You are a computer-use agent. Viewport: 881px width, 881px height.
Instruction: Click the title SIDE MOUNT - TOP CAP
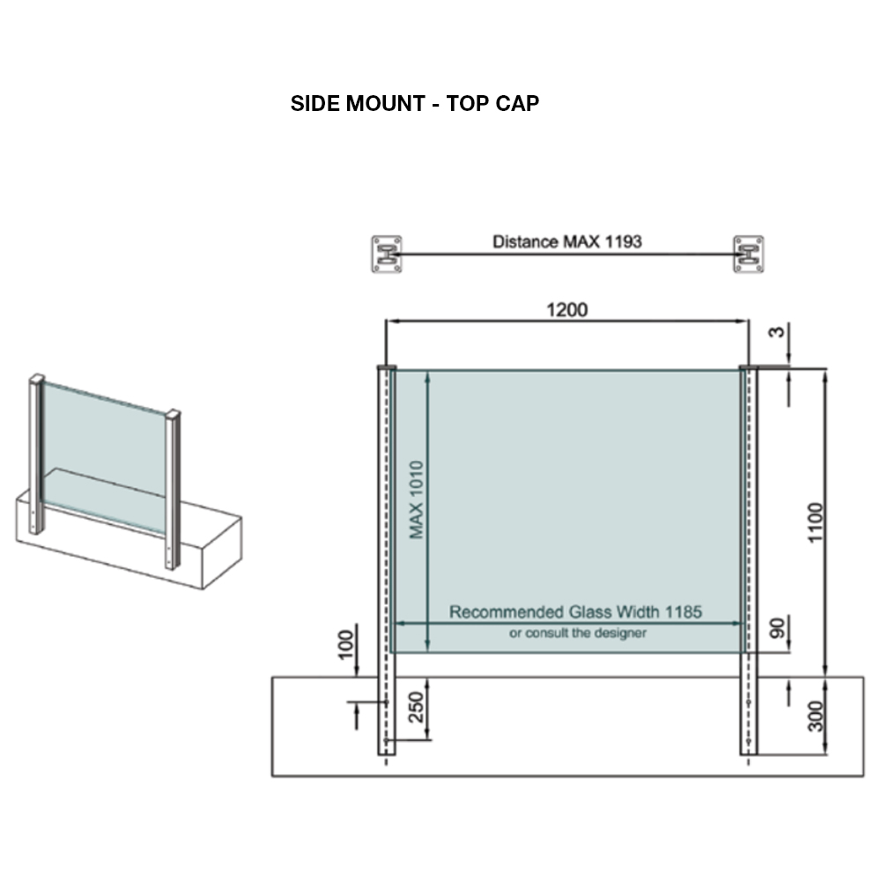click(x=415, y=103)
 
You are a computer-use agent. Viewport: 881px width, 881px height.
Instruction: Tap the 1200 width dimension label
click(x=566, y=309)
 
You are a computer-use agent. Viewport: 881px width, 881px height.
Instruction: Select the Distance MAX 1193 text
click(x=566, y=241)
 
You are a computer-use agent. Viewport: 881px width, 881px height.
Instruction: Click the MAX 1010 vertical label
click(x=417, y=500)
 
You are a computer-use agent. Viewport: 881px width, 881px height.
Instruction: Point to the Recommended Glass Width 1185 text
click(x=575, y=612)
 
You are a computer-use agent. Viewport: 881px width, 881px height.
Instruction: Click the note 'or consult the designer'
click(x=578, y=633)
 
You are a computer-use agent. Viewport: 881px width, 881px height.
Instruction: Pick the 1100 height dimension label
click(x=815, y=522)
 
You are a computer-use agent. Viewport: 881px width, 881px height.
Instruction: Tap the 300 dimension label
click(x=815, y=716)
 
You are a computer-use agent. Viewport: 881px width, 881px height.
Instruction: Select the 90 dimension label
click(x=776, y=628)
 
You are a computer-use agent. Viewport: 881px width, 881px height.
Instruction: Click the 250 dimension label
click(x=416, y=707)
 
